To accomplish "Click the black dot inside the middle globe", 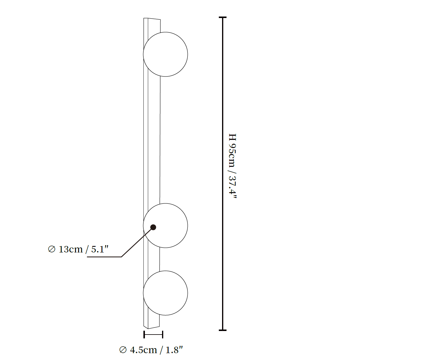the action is pos(153,227).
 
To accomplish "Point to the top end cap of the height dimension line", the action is pos(222,17).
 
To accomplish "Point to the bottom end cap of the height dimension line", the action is pos(222,330).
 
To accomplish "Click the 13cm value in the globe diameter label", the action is pos(71,250).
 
